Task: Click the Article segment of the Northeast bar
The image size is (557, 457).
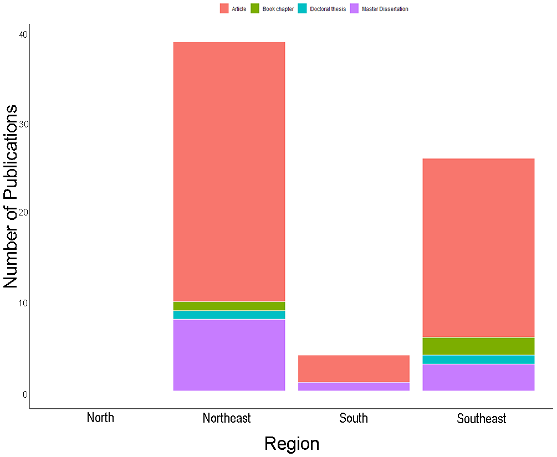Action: [229, 172]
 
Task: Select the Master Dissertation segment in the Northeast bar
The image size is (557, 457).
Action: [229, 355]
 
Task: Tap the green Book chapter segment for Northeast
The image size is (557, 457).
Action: [229, 306]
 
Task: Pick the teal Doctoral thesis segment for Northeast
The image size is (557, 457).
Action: [229, 315]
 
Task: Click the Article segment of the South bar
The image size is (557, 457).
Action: [354, 368]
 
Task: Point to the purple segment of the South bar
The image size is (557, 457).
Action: [354, 387]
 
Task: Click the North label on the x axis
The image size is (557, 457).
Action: [100, 418]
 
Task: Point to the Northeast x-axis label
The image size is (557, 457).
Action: [227, 418]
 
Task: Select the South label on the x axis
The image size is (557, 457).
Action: [354, 418]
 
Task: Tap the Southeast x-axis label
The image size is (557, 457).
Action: [481, 419]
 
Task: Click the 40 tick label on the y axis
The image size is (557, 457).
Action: [23, 34]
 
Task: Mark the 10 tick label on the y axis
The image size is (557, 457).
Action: [23, 303]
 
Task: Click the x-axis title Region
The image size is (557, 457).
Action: [292, 444]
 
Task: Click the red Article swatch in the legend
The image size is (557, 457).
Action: [224, 9]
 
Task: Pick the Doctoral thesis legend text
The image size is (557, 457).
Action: [328, 9]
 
